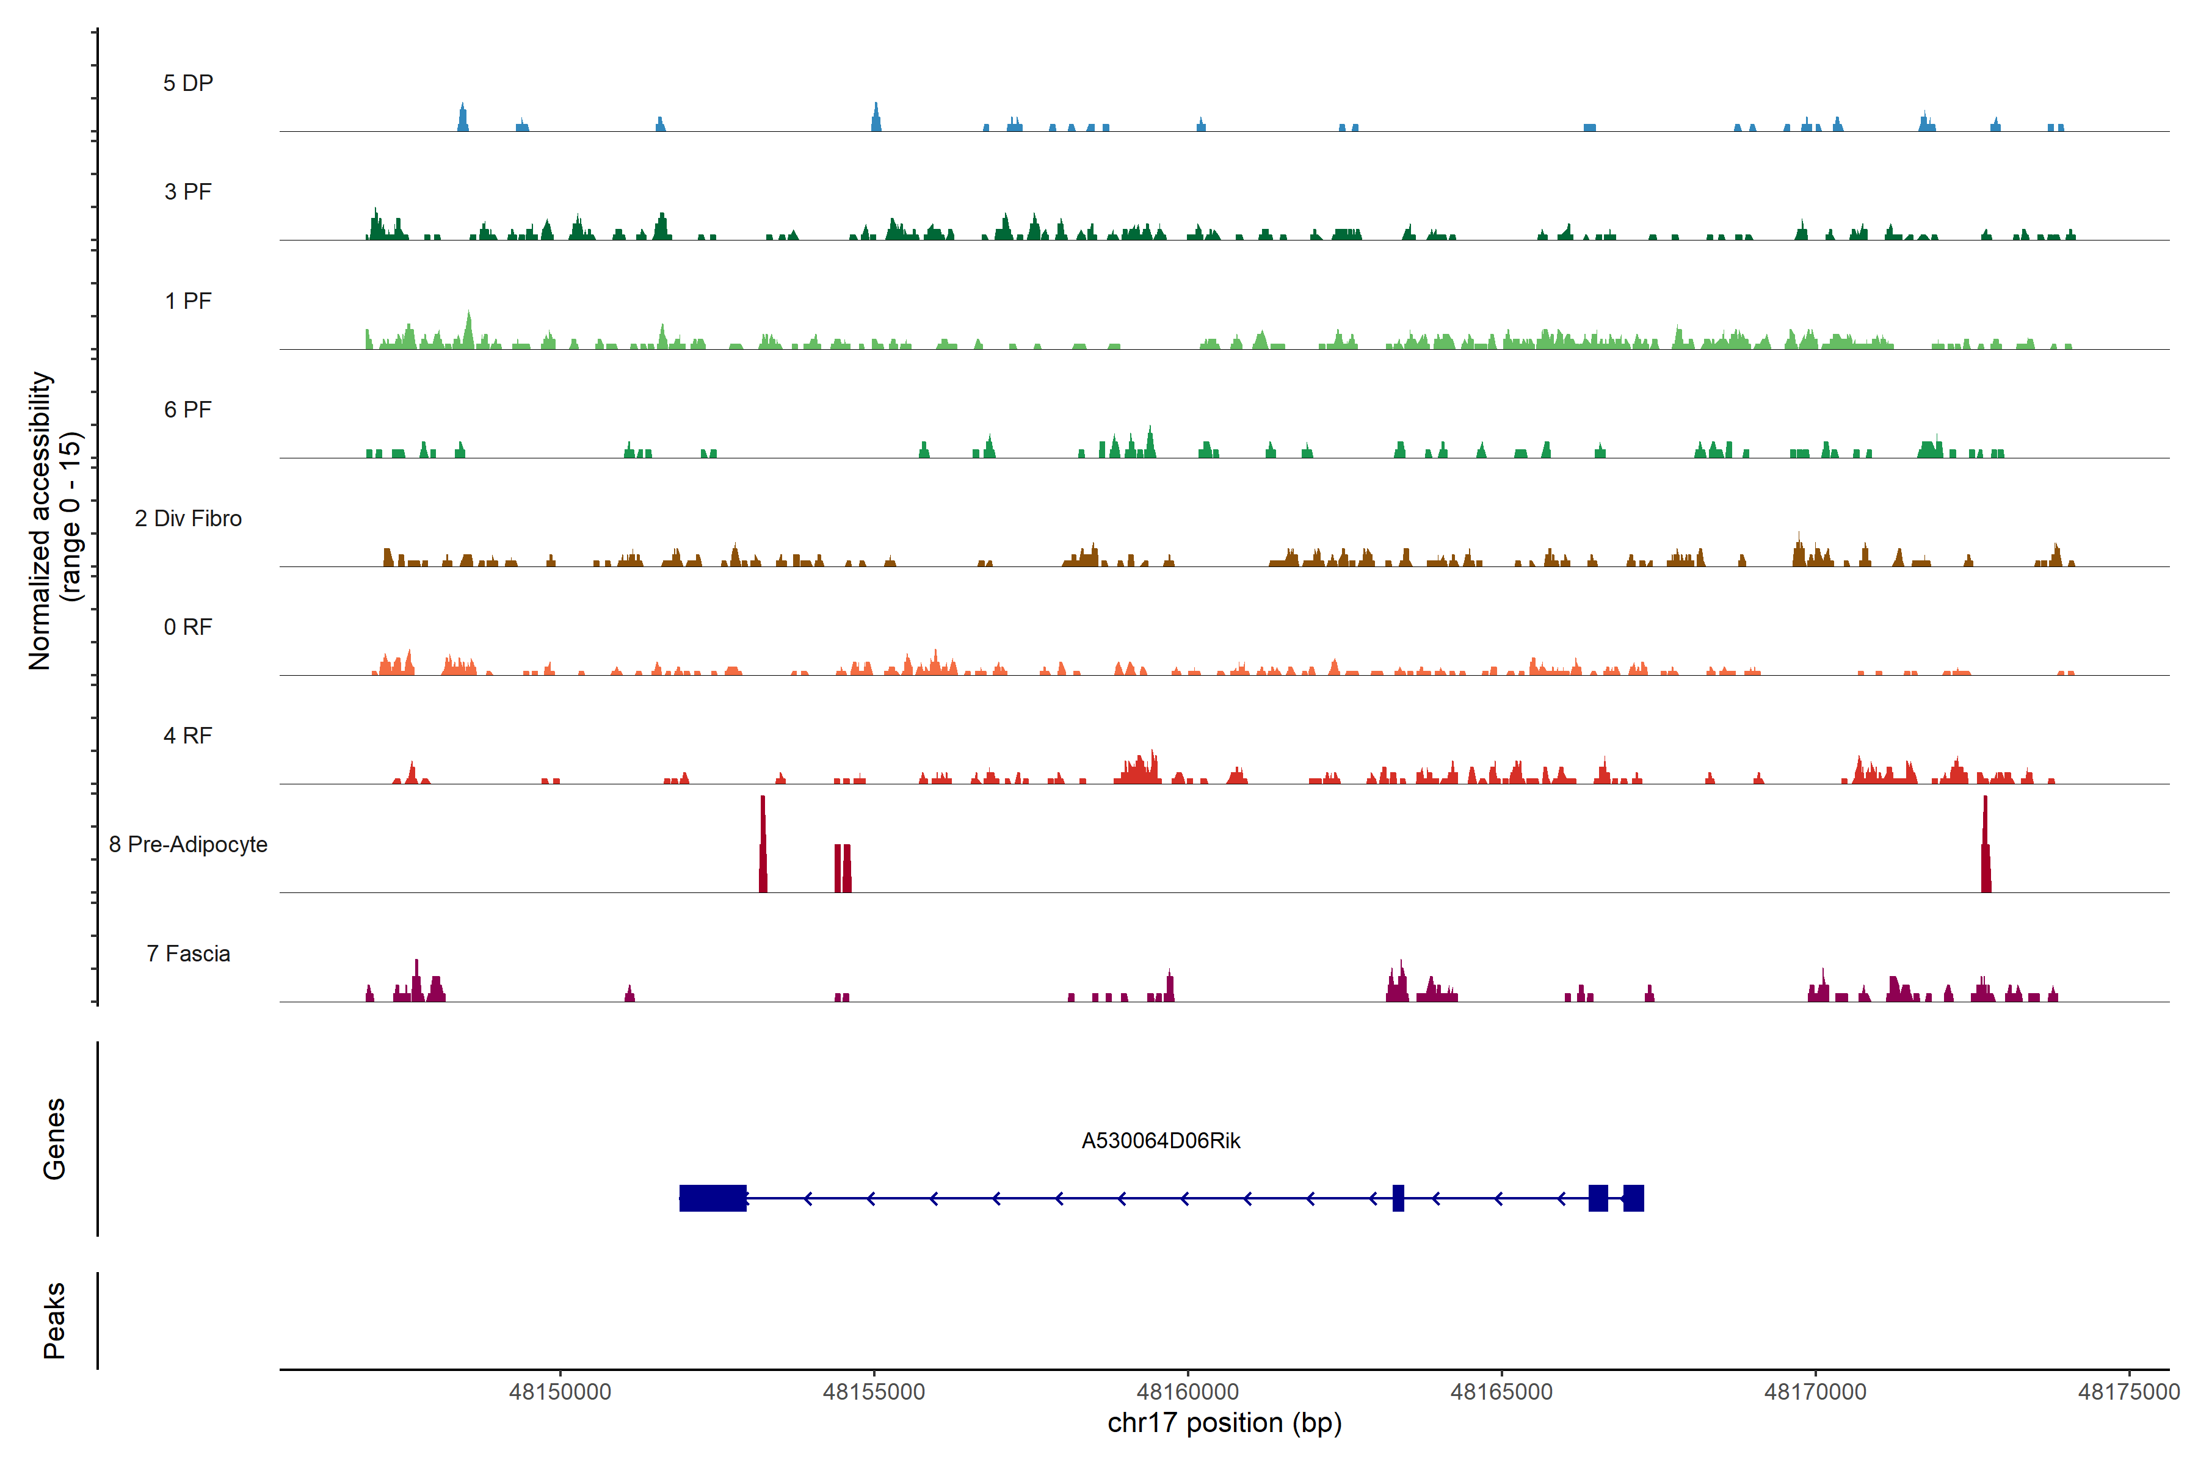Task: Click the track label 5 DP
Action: [188, 83]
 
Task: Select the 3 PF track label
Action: [188, 192]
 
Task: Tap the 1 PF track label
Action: [188, 301]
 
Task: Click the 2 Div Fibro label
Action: [188, 518]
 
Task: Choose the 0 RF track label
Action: [188, 627]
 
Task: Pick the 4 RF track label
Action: [188, 736]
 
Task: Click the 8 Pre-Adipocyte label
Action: [188, 845]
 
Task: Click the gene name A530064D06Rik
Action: [1161, 1141]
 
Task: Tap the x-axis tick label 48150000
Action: [560, 1391]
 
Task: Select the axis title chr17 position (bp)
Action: [1224, 1423]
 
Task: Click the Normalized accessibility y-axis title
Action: [54, 521]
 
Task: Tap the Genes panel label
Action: [54, 1139]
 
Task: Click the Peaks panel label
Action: [54, 1320]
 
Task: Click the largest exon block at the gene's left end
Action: [712, 1198]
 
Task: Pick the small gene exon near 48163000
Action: [1398, 1198]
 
